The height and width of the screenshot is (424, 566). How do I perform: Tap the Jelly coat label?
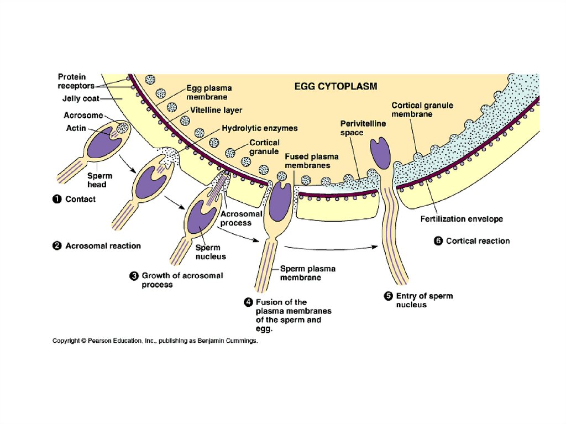coord(79,100)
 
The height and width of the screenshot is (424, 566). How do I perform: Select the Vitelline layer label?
coord(216,110)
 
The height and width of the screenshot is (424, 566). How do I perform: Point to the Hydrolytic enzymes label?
coord(260,128)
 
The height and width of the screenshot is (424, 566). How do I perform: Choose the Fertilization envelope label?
coord(462,219)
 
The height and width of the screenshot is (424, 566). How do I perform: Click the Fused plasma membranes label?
coord(307,161)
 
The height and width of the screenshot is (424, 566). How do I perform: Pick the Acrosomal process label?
coord(236,218)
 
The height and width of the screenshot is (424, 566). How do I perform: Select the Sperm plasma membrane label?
coord(307,273)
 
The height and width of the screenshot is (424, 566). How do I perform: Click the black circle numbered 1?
coord(56,199)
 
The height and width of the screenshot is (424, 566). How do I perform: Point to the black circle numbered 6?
coord(438,240)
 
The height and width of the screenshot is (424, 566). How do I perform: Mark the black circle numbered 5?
coord(389,296)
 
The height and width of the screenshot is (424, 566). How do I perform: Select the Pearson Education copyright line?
coord(155,341)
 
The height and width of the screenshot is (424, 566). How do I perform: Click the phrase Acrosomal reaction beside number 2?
coord(103,245)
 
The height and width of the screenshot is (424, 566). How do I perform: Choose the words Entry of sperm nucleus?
coord(424,300)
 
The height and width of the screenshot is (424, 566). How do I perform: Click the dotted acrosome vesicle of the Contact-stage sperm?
coord(122,128)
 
